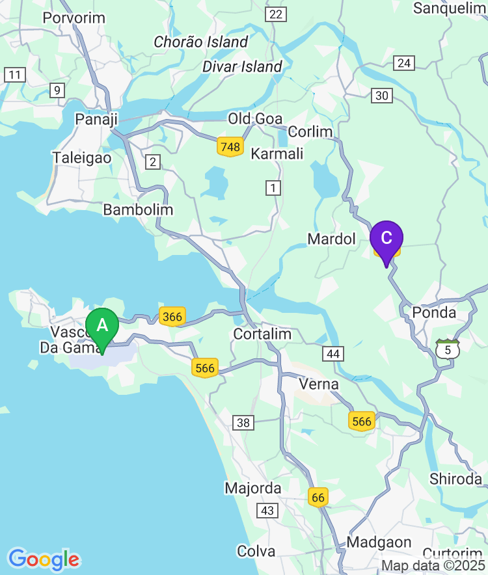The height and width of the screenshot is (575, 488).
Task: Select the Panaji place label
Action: (96, 119)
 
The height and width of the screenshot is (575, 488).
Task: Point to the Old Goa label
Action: (255, 119)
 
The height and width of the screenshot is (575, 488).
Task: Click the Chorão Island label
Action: (201, 42)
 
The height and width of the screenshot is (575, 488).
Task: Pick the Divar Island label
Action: (242, 66)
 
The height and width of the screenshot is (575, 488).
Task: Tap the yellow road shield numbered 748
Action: (230, 147)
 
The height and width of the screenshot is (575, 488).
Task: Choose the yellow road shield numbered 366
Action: (172, 317)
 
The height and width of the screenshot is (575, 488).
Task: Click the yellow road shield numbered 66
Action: (318, 498)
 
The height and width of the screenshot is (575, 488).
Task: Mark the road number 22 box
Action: (276, 14)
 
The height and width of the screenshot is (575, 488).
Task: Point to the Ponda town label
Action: (434, 313)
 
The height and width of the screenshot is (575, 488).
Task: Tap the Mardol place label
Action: (332, 239)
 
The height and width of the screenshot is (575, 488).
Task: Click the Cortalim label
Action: (262, 334)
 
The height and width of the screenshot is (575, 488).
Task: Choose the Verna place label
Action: (319, 384)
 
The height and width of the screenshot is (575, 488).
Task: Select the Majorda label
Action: (253, 488)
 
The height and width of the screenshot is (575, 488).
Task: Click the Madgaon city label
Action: (379, 542)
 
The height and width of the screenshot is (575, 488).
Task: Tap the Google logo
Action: (44, 559)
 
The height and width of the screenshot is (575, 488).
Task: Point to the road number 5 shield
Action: (448, 349)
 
